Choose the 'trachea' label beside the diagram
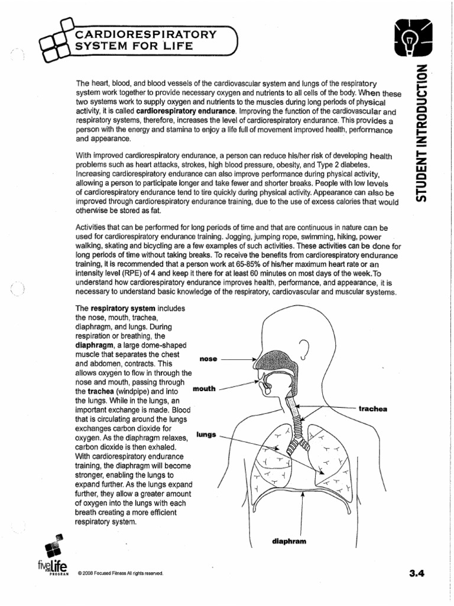coord(372,409)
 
